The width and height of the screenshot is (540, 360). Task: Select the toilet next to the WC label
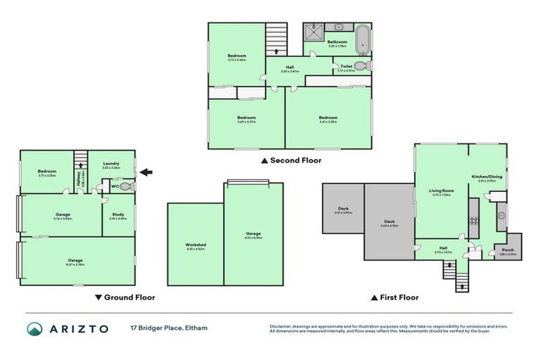point(127,186)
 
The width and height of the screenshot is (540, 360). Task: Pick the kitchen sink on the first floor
point(502,214)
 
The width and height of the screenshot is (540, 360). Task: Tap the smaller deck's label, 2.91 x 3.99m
point(344,210)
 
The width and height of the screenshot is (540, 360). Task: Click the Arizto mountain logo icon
point(34,329)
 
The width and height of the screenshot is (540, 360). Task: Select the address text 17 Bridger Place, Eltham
point(169,328)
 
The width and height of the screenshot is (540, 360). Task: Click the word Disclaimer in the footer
point(282,326)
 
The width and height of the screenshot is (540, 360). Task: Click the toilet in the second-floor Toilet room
point(361,66)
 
